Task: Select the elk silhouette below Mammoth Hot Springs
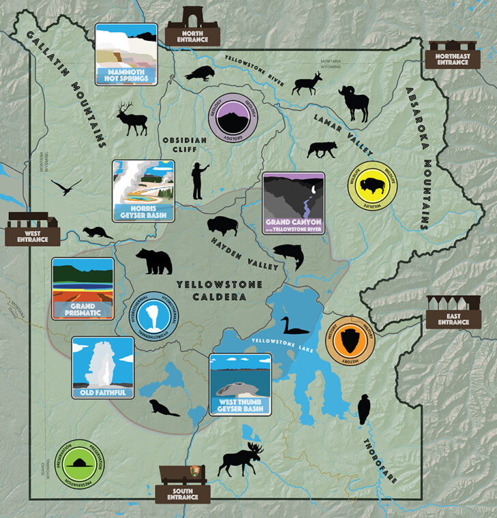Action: (x=132, y=119)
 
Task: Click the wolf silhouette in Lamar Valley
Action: (x=322, y=149)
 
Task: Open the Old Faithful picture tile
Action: (x=103, y=367)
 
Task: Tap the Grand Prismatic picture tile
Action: (x=83, y=288)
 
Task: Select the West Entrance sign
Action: (x=32, y=228)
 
